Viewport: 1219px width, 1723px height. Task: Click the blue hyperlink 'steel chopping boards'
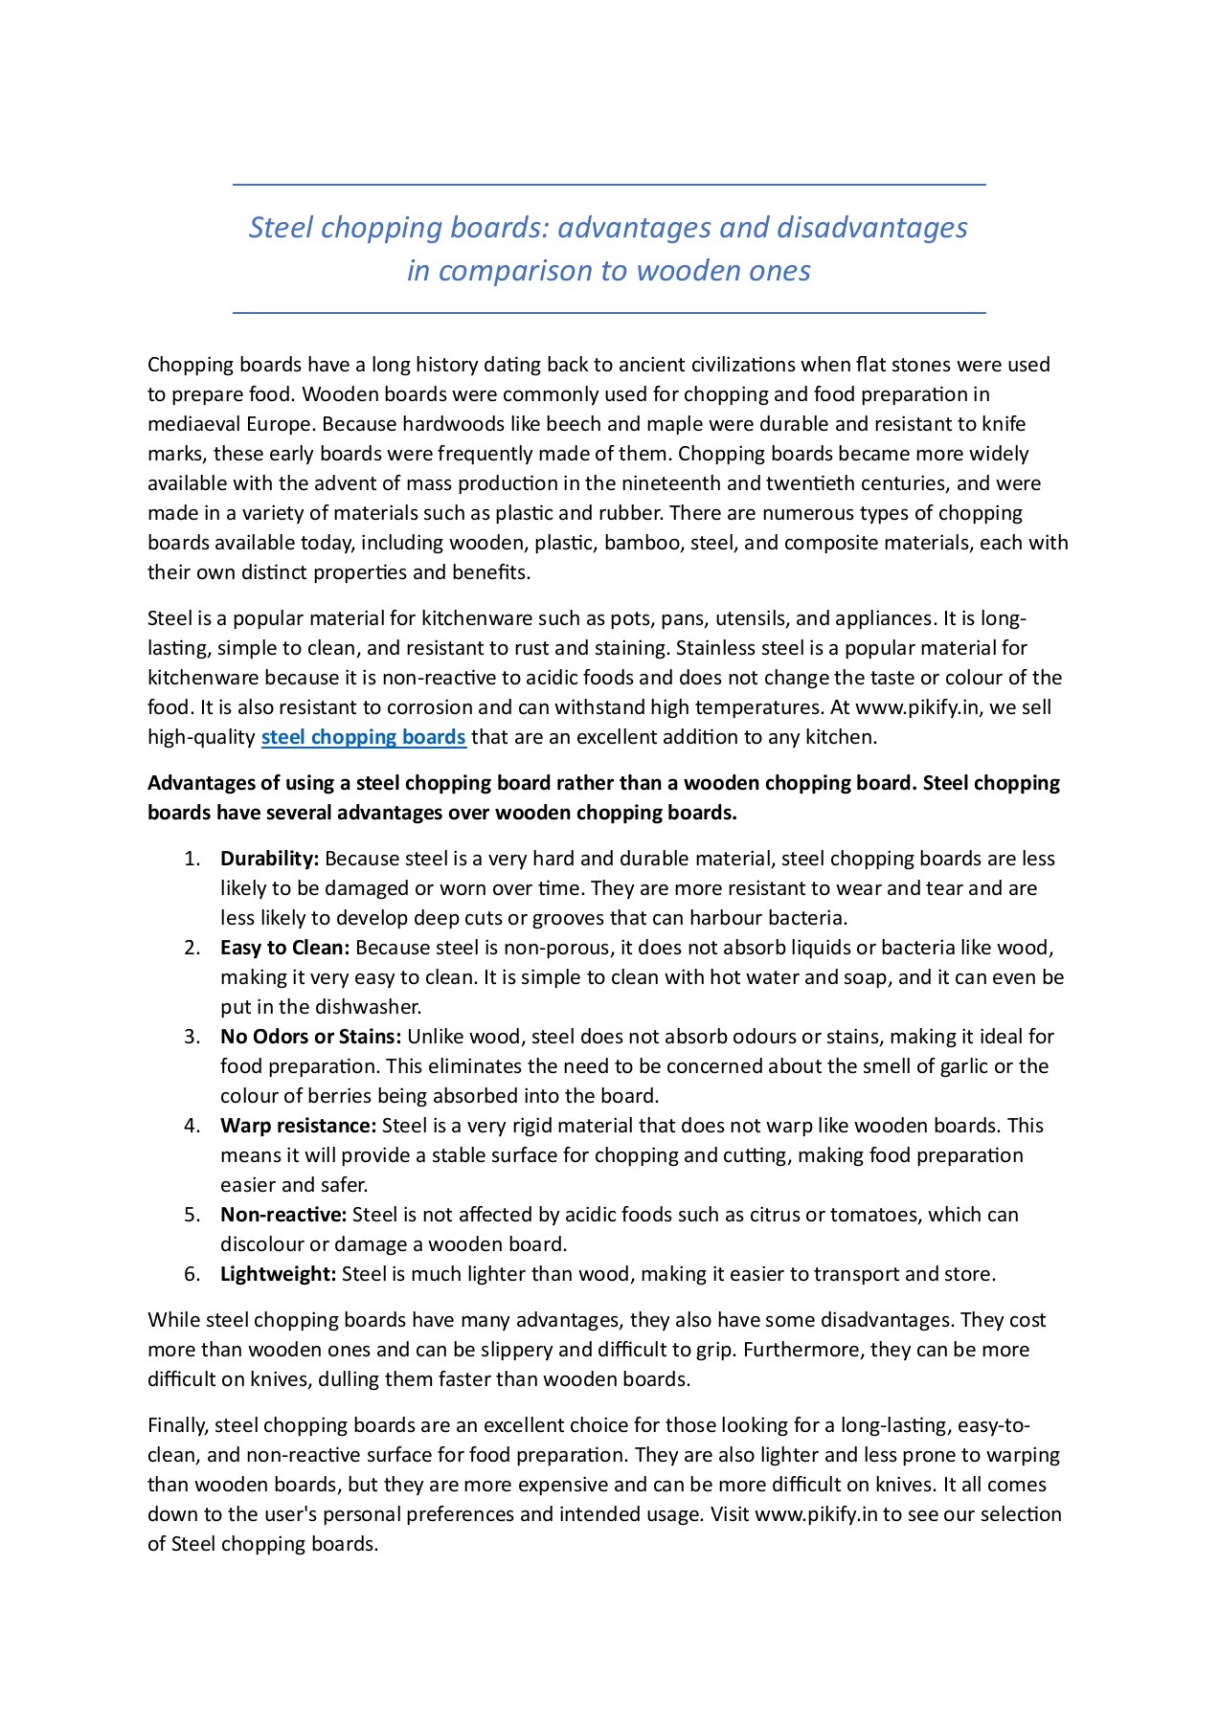pyautogui.click(x=363, y=737)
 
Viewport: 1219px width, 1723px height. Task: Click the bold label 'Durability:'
pyautogui.click(x=269, y=859)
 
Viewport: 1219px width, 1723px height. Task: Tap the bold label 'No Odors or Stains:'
pyautogui.click(x=310, y=1037)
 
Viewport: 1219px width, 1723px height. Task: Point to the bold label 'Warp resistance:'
pyautogui.click(x=298, y=1126)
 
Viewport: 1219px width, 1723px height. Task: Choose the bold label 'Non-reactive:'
pyautogui.click(x=283, y=1215)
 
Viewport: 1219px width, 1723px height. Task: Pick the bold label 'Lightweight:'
pyautogui.click(x=278, y=1274)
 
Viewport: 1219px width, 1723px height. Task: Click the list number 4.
pyautogui.click(x=192, y=1126)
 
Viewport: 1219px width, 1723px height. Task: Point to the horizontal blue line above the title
pyautogui.click(x=609, y=185)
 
